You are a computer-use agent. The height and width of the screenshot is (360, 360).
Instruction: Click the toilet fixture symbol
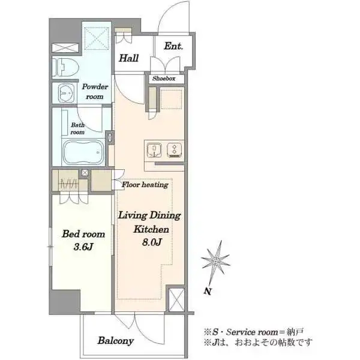(65, 67)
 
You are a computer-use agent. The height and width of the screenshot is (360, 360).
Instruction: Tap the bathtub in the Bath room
(83, 152)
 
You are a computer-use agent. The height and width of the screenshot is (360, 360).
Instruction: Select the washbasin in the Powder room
(67, 93)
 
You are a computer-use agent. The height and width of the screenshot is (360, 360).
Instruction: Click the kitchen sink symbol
(154, 150)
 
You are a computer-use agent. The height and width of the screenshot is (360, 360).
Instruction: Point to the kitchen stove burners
(174, 150)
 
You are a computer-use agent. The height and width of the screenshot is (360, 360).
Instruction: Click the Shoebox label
(164, 79)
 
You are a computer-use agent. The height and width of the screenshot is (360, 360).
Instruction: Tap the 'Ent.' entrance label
(173, 46)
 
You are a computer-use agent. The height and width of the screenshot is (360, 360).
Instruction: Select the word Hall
(129, 58)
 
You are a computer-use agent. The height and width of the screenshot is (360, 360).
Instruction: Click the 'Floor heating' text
(145, 185)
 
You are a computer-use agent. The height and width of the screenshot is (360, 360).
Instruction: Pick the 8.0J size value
(152, 242)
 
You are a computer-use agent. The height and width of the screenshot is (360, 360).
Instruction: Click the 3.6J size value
(83, 247)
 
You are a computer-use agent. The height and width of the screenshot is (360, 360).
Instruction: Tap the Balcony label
(116, 341)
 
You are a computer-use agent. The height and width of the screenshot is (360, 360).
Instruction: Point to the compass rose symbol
(215, 260)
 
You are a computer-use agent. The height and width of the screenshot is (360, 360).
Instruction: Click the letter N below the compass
(208, 292)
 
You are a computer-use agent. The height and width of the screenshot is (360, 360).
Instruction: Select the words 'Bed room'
(83, 234)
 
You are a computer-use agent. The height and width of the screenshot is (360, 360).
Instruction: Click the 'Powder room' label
(95, 91)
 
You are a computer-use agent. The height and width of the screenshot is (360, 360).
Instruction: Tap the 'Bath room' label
(77, 128)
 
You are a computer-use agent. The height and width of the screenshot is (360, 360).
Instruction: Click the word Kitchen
(151, 229)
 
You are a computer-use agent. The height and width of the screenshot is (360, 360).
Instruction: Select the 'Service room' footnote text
(252, 332)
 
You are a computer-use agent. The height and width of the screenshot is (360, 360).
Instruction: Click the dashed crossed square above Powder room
(96, 38)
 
